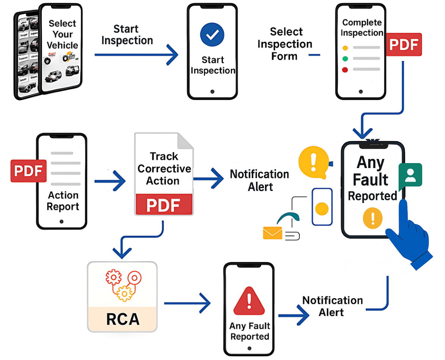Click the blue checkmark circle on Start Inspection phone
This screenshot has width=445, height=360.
212,35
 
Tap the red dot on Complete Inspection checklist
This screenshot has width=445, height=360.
345,70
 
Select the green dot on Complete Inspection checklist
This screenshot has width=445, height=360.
345,59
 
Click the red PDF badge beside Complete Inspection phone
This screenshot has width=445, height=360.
404,44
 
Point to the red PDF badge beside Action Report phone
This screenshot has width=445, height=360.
28,171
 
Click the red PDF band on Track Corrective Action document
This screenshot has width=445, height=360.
164,204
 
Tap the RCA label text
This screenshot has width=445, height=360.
122,319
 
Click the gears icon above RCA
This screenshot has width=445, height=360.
122,285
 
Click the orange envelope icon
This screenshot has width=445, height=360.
273,233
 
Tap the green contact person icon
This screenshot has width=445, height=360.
410,174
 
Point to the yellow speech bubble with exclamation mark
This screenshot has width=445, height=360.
313,163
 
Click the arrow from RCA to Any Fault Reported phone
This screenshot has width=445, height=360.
187,303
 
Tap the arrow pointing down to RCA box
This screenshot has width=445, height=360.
122,248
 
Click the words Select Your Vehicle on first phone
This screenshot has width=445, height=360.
62,34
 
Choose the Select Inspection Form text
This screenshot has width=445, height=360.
285,44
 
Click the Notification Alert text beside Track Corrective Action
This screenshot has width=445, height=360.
260,180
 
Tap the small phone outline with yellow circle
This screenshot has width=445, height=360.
322,207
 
